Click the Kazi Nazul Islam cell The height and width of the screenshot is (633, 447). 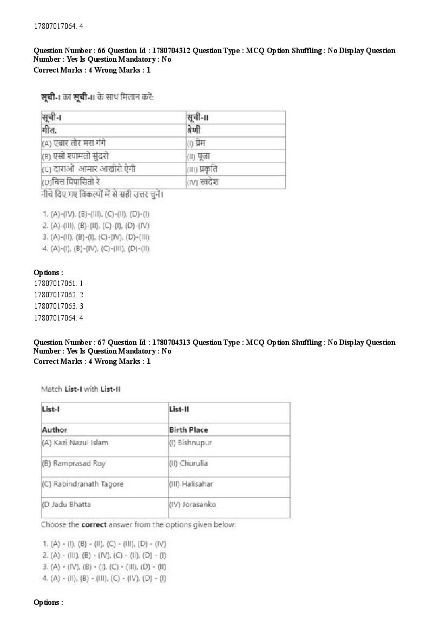[x=75, y=442]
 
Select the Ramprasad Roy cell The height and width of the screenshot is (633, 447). [x=74, y=463]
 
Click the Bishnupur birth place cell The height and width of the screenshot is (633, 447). [x=190, y=442]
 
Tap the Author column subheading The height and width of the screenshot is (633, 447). [x=55, y=429]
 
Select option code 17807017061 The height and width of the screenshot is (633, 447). [x=58, y=283]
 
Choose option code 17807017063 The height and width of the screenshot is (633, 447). [x=58, y=306]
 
